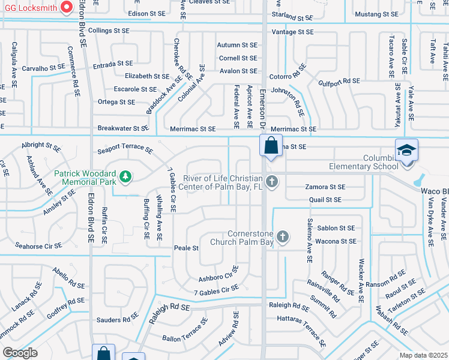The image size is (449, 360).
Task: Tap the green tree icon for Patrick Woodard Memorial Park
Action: click(125, 176)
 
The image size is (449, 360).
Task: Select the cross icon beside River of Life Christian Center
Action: click(272, 181)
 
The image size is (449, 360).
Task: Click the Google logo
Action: click(19, 352)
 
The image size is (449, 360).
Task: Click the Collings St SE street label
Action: click(109, 30)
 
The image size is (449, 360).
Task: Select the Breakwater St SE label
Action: click(123, 128)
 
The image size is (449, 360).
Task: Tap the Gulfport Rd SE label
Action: click(339, 82)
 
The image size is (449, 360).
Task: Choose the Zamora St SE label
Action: click(325, 187)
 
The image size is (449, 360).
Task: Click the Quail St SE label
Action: click(325, 199)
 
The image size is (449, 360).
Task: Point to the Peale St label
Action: click(186, 248)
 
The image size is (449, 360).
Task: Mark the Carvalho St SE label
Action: click(43, 68)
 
